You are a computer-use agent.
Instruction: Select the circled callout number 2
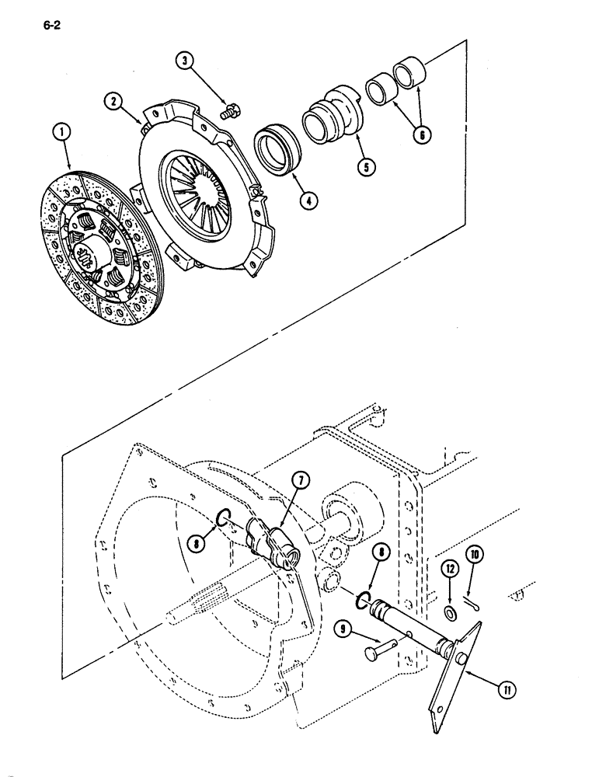(113, 101)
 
